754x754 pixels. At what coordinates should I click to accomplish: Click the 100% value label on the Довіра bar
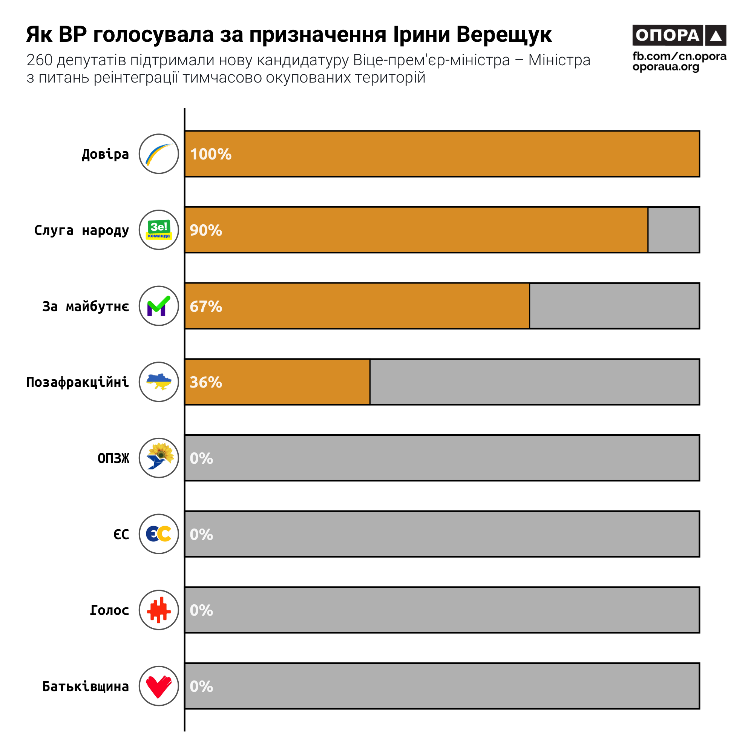click(211, 154)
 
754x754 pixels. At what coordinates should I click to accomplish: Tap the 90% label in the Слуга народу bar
click(206, 230)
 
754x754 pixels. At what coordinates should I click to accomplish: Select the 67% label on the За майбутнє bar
click(206, 307)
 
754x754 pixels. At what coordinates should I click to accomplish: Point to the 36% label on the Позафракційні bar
click(206, 382)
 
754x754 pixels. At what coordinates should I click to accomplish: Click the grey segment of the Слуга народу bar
click(673, 230)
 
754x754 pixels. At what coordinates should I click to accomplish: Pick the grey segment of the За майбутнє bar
click(614, 306)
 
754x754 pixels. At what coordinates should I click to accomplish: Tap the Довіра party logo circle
click(159, 154)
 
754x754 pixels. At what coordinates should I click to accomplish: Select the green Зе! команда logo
click(159, 230)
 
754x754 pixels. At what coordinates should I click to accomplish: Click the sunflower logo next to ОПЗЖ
click(159, 458)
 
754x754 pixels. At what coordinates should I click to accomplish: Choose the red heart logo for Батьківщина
click(159, 686)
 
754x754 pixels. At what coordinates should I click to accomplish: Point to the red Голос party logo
click(159, 610)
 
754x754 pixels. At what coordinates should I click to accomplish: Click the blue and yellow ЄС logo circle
click(159, 534)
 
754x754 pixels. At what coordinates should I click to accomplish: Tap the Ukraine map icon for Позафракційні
click(159, 382)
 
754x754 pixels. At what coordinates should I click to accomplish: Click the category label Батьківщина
click(86, 686)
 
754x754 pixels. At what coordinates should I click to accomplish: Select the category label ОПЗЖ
click(113, 458)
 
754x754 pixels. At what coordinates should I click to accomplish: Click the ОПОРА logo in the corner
click(679, 35)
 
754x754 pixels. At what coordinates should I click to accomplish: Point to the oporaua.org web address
click(666, 67)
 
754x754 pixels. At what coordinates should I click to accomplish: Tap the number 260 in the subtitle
click(40, 60)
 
